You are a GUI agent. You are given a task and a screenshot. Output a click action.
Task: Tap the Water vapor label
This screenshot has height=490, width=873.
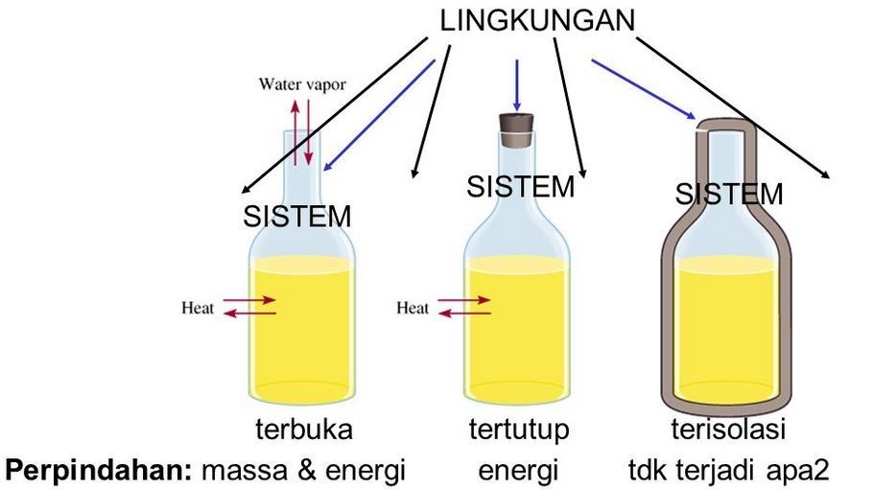(x=302, y=84)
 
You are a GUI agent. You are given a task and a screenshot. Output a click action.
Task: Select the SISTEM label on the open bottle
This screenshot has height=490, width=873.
(x=297, y=217)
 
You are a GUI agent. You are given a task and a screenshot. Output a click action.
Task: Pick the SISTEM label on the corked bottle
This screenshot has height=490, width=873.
(x=520, y=186)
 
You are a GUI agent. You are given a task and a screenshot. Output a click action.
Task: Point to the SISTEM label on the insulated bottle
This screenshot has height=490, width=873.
(x=728, y=195)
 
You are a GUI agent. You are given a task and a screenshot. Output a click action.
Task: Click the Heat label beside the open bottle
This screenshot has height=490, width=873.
(x=198, y=308)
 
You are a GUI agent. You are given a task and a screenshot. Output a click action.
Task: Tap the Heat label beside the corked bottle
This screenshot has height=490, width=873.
(x=413, y=308)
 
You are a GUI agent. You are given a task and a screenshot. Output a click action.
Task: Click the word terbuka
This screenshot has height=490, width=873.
(x=304, y=429)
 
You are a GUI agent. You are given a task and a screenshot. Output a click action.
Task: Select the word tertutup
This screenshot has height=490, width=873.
(x=519, y=429)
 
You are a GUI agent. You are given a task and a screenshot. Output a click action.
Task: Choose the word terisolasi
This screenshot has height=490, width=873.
(x=727, y=429)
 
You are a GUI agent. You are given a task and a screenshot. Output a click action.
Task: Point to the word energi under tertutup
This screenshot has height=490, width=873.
(x=518, y=470)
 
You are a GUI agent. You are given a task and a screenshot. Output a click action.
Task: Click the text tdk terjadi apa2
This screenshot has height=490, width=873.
(x=727, y=470)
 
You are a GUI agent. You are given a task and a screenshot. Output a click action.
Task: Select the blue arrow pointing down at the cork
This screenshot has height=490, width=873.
(x=518, y=84)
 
